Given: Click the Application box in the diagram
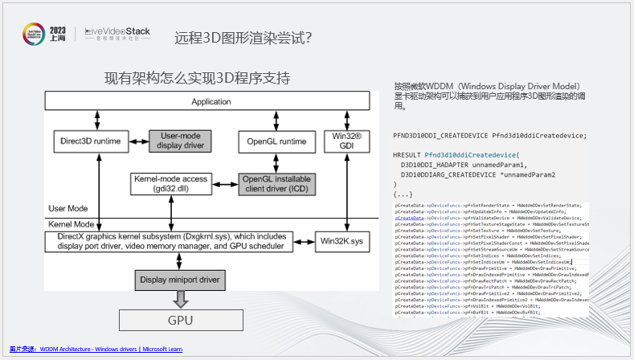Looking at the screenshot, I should pos(211,102).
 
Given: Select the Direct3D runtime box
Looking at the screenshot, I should pos(90,141).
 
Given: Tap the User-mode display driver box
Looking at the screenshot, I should pos(180,141).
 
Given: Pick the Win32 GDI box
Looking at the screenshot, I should pos(346,141).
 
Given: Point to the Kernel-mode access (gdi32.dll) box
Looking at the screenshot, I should pos(171,182).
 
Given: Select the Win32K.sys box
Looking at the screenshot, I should pos(346,240).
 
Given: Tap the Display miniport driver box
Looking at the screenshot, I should pos(180,280).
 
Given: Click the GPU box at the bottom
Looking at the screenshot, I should pos(180,320).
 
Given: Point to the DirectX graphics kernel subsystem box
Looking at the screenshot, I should pos(171,241).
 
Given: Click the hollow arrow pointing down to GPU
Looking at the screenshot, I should pos(180,299).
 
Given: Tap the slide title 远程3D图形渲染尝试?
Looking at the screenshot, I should pos(243,37).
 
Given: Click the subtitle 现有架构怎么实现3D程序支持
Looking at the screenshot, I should pos(197,78).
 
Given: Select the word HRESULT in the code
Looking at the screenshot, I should pos(408,154).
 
